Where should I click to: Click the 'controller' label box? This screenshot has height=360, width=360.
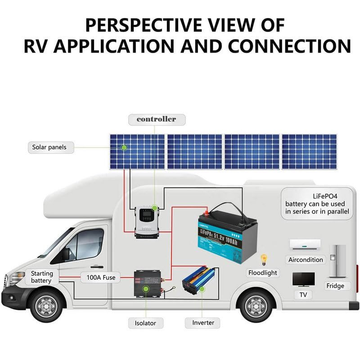tap(156, 119)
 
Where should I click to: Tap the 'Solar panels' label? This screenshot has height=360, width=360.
tap(49, 147)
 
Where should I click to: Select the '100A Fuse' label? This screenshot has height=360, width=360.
tap(98, 278)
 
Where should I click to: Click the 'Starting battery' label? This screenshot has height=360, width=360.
tap(42, 277)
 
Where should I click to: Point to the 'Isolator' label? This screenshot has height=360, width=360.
tap(145, 323)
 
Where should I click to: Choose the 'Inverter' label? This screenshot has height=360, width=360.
tap(203, 323)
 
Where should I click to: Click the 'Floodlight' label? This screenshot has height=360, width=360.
tap(263, 273)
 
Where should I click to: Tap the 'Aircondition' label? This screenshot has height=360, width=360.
tap(306, 260)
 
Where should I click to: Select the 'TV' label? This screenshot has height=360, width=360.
tap(303, 295)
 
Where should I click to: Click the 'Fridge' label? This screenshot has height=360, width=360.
tap(335, 286)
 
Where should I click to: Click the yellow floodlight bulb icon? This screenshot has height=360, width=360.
tap(264, 259)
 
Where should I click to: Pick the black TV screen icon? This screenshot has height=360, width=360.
tap(303, 279)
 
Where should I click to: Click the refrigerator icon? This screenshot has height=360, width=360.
tap(337, 261)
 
